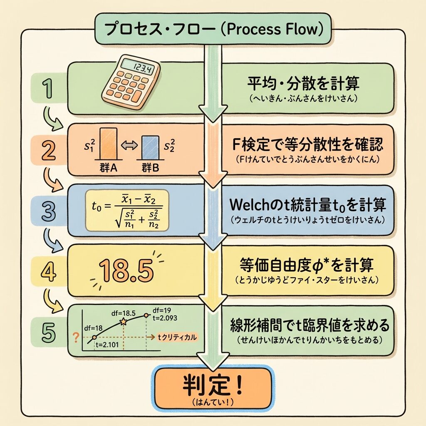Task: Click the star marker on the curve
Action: click(x=123, y=321)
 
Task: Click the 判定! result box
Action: click(x=213, y=388)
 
